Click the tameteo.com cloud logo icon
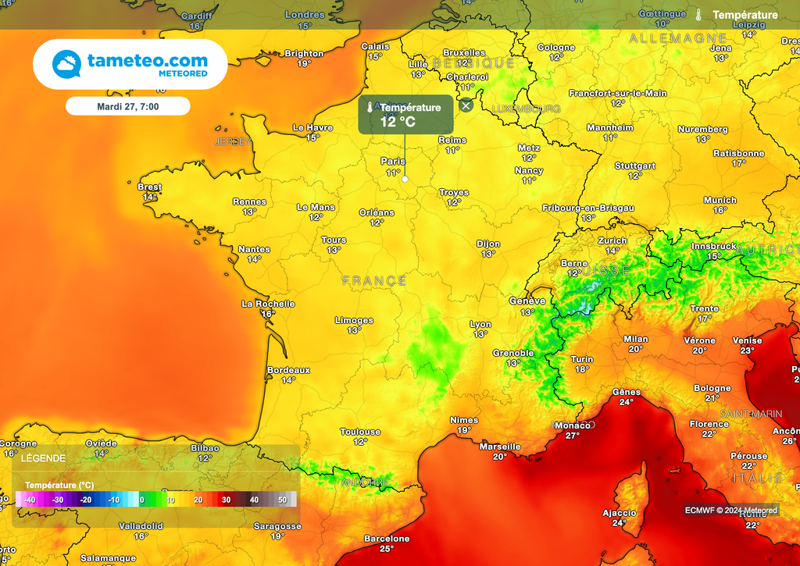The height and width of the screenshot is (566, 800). [67, 64]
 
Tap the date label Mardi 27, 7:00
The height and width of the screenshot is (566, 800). [127, 105]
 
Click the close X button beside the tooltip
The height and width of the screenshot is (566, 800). [466, 105]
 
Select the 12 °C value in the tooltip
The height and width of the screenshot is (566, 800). [398, 122]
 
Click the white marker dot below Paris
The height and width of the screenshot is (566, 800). [405, 179]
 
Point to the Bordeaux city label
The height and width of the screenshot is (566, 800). [288, 370]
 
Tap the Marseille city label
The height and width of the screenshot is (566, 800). [500, 447]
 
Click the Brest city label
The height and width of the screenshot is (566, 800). [149, 187]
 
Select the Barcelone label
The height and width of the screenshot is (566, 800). [387, 539]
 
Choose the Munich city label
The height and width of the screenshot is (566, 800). [720, 200]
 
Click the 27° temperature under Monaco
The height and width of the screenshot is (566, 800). [573, 436]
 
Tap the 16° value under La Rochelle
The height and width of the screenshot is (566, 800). [268, 314]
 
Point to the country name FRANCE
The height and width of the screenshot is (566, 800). [374, 280]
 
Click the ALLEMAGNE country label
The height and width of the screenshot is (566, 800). [678, 37]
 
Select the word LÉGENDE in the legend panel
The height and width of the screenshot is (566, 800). [43, 458]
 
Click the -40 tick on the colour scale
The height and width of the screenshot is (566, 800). [30, 500]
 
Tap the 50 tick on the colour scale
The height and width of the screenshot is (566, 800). [282, 500]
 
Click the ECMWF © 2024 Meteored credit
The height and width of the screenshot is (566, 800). [731, 510]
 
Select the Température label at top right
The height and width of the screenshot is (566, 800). [745, 15]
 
